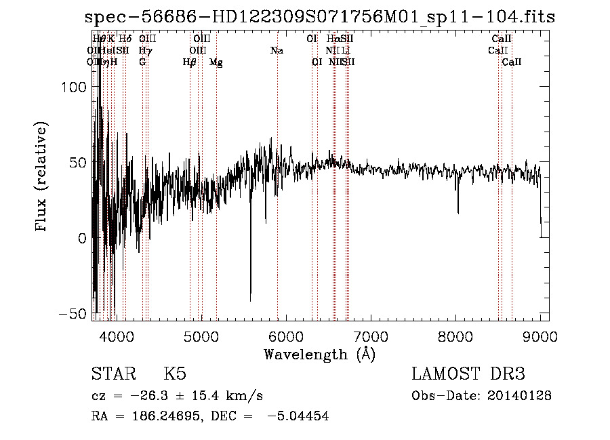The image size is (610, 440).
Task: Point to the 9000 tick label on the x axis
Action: [x=540, y=336]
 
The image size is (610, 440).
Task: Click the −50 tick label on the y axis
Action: [x=72, y=314]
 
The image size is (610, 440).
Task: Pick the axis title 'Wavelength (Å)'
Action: [x=319, y=353]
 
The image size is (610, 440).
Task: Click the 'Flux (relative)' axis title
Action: [x=42, y=178]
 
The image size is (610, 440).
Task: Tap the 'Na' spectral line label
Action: [x=277, y=51]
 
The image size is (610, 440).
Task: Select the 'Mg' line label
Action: [x=216, y=62]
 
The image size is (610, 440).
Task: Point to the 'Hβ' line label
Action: [x=190, y=62]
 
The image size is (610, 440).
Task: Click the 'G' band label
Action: [x=142, y=62]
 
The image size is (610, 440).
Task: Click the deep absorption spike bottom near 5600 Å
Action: [x=251, y=299]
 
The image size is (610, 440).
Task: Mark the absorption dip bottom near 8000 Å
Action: [x=457, y=212]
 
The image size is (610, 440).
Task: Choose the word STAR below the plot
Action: [x=112, y=374]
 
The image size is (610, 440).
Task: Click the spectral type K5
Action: [x=174, y=374]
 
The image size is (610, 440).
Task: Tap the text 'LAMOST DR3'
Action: [x=468, y=374]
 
